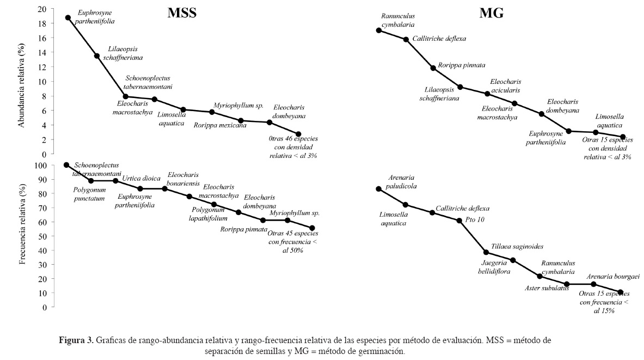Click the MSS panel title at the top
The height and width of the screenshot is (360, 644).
[x=181, y=14]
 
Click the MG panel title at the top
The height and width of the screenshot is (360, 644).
[x=491, y=14]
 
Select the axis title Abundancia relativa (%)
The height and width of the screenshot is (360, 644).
[x=22, y=87]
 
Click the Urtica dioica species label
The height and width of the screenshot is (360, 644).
[x=141, y=178]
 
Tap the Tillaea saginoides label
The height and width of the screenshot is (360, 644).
[x=517, y=246]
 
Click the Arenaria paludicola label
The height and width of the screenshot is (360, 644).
[x=403, y=181]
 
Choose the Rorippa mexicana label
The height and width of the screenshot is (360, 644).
[x=220, y=125]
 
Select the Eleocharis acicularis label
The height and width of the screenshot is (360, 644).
[x=505, y=86]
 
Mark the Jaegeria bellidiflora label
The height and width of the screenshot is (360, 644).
[x=494, y=266]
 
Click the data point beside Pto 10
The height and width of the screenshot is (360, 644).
[x=459, y=221]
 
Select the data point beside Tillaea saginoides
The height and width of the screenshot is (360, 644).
[x=486, y=252]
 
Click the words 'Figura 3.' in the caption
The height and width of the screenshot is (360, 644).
[x=76, y=340]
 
